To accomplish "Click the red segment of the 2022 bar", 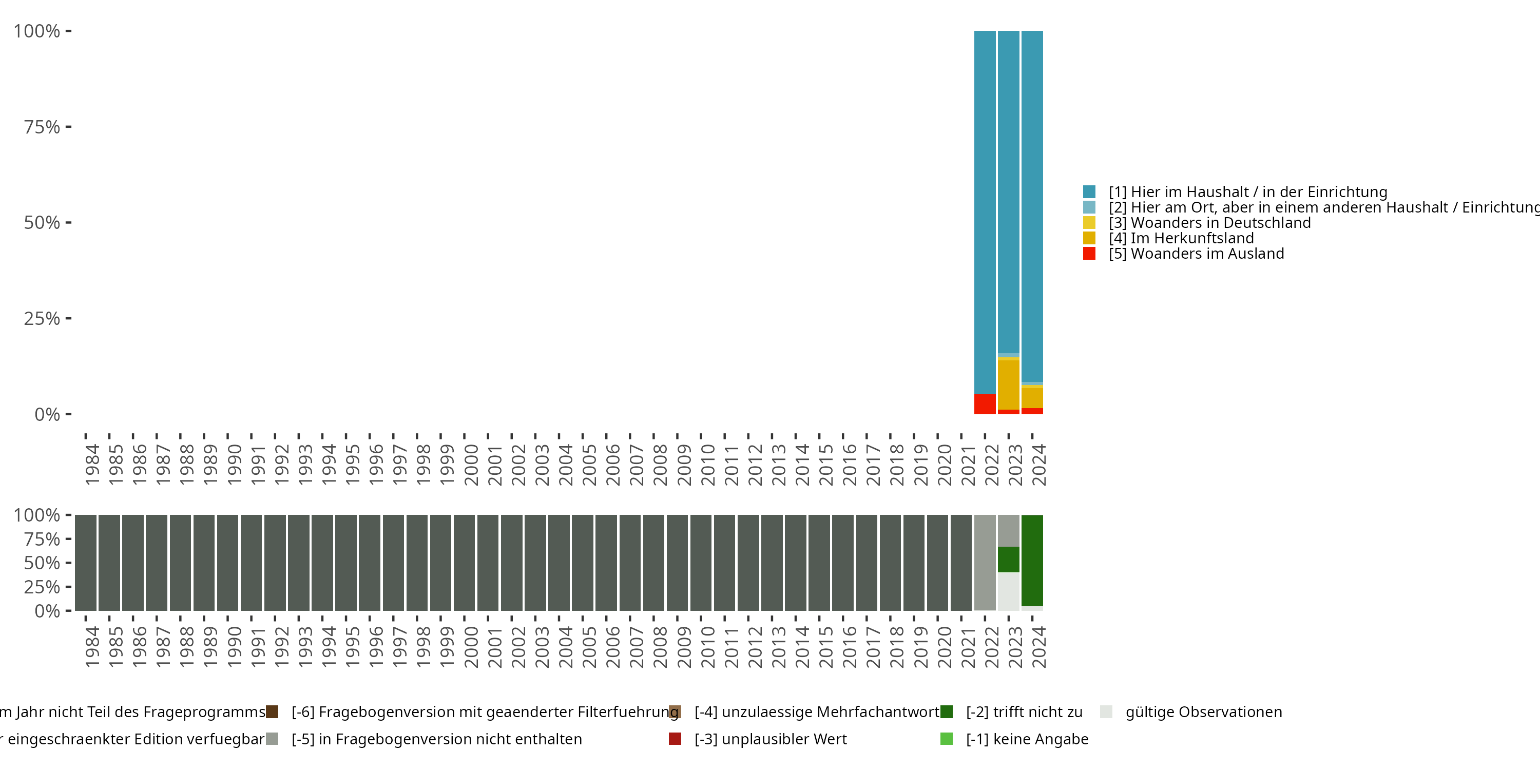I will tap(985, 404).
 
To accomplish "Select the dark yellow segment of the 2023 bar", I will tap(1009, 384).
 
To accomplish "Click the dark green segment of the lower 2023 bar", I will tap(1009, 559).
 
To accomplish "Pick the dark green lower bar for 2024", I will tap(1032, 560).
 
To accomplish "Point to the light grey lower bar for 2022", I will tap(985, 562).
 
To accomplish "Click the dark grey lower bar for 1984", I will tap(86, 562).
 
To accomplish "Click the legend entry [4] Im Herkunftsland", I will tap(1192, 238).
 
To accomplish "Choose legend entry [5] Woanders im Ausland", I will tap(1207, 254).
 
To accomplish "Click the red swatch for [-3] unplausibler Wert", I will tap(675, 739).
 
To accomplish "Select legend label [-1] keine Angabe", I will tap(1027, 739).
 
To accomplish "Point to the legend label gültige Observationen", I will tap(1203, 712).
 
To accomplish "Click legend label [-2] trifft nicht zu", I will tap(1024, 712).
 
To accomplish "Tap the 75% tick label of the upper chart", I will tap(42, 127).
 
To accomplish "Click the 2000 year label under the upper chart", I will tap(471, 465).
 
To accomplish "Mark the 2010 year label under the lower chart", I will tap(708, 647).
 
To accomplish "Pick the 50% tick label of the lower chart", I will tap(42, 563).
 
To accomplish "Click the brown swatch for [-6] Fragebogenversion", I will tap(272, 712).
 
